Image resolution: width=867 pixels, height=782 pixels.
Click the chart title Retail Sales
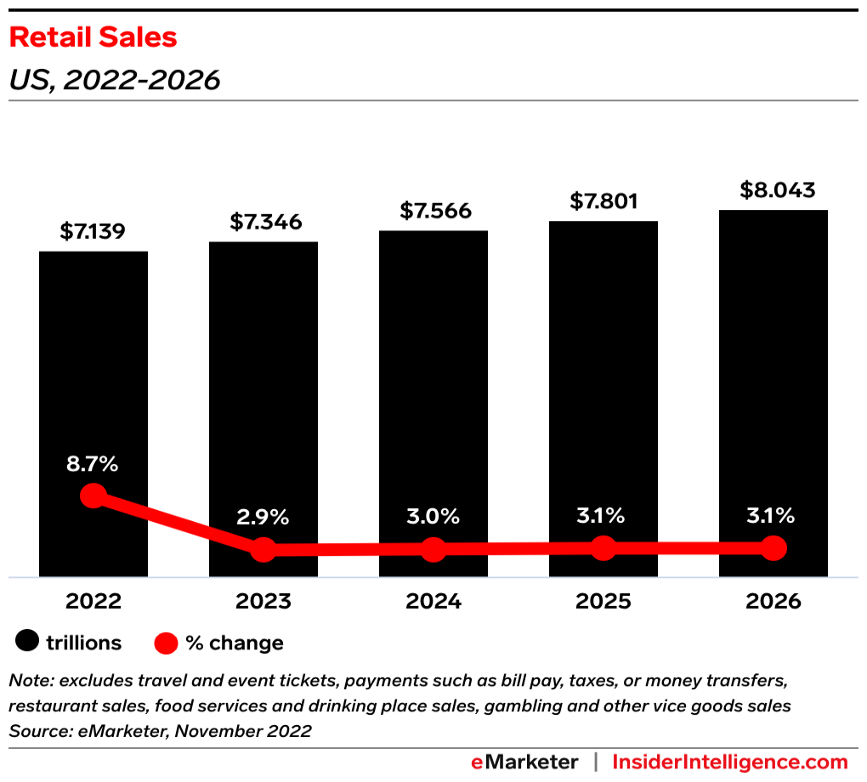[93, 37]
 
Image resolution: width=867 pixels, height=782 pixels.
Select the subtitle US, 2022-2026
[114, 80]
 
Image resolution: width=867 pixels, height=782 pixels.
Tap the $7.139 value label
[93, 231]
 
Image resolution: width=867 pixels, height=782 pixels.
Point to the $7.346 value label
[263, 222]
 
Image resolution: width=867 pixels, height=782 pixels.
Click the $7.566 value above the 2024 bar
[433, 211]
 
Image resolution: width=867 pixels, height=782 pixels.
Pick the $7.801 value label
[603, 201]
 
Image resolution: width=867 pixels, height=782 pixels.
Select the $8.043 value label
[773, 190]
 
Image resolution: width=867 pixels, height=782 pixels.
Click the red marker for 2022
[93, 496]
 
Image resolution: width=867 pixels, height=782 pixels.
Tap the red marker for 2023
[263, 549]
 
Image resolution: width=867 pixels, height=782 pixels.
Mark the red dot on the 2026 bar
[773, 548]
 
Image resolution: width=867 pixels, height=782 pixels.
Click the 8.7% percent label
[93, 464]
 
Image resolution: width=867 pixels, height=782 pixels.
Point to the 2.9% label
[263, 517]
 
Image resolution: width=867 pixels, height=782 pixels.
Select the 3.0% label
[433, 516]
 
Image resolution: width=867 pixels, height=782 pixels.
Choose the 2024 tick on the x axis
[433, 602]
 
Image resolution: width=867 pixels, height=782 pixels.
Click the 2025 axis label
[603, 602]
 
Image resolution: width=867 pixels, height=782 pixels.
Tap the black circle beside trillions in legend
[29, 643]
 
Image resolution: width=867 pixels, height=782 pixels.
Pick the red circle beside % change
[167, 643]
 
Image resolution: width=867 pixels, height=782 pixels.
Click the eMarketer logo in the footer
[524, 762]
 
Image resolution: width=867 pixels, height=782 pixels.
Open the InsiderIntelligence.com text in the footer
[730, 762]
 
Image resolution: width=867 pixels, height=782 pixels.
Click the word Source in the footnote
[35, 731]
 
